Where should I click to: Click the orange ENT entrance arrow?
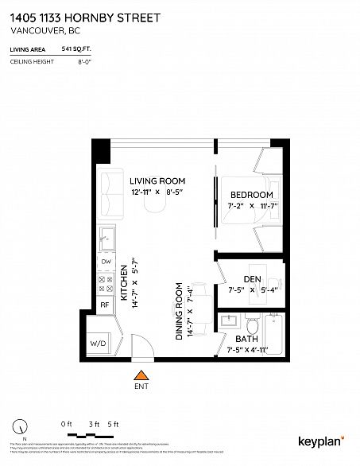point(141,376)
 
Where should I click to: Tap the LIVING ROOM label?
point(159,181)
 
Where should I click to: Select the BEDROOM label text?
point(252,195)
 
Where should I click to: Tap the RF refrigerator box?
point(105,305)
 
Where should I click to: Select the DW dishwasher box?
point(105,261)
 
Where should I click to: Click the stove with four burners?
point(105,282)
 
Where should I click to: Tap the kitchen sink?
point(104,236)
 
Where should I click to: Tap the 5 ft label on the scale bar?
point(113,424)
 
